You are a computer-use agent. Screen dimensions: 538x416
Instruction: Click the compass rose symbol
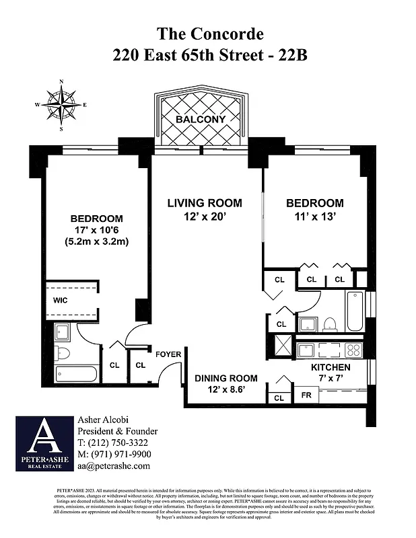click(61, 104)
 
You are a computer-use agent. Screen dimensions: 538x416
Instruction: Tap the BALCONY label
click(200, 119)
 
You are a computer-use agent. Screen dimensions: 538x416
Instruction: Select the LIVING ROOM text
click(204, 203)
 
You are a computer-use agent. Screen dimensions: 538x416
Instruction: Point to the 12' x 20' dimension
click(204, 217)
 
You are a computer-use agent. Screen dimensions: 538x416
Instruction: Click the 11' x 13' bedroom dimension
click(314, 217)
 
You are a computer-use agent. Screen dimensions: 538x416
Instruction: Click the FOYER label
click(168, 354)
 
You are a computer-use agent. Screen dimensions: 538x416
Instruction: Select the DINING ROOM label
click(226, 379)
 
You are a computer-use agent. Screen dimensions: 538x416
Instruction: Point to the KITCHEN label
click(331, 367)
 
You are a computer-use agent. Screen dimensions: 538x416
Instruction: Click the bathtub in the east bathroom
click(355, 311)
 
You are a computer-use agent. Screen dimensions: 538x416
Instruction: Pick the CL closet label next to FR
click(279, 397)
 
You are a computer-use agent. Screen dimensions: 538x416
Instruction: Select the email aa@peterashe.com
click(113, 465)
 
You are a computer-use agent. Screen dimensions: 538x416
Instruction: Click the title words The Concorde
click(209, 33)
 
